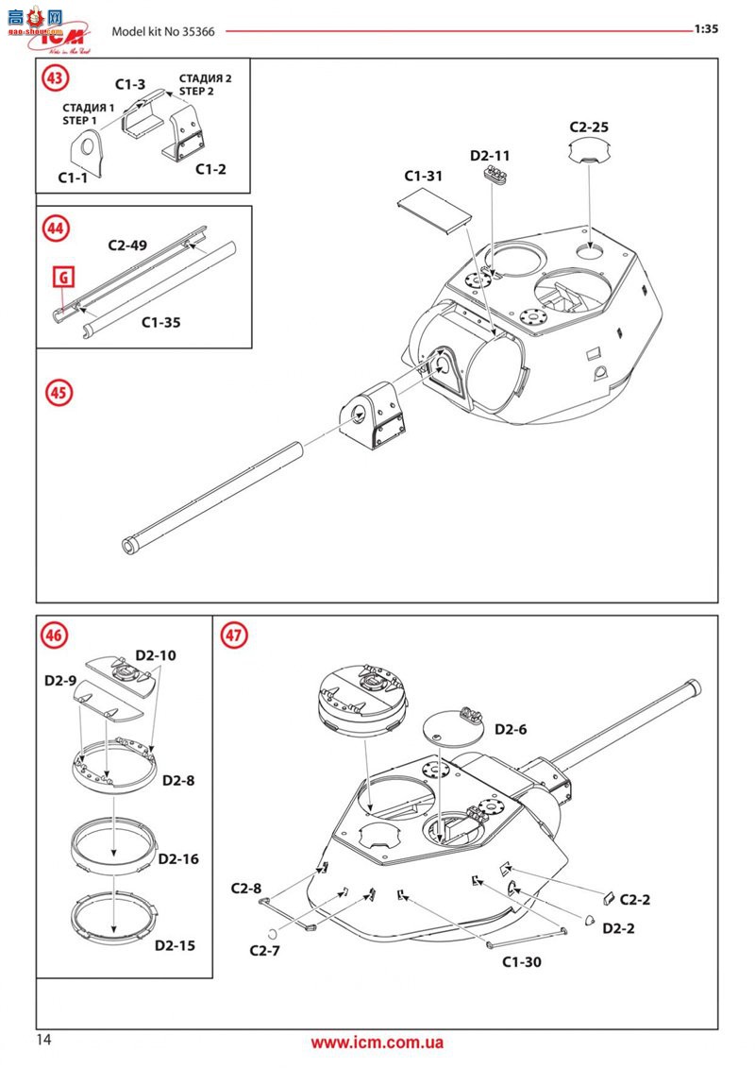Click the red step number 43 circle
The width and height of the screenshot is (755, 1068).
pos(55,77)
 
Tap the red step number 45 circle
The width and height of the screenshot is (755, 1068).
pos(59,393)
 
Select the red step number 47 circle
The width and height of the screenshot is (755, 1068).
pos(233,635)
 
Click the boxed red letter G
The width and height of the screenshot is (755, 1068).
pos(64,278)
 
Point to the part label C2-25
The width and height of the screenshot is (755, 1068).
pos(589,127)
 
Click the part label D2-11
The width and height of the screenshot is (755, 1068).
pos(490,155)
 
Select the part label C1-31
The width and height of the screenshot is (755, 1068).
pos(424,176)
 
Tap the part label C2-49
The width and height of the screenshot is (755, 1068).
pos(127,246)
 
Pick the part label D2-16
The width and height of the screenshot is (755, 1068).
pos(178,859)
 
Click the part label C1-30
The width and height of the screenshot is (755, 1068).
pos(522,961)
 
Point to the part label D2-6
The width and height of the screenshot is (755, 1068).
pos(511,729)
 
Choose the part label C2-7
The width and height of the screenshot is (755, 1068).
pos(265,950)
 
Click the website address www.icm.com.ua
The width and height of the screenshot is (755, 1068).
pos(377,1043)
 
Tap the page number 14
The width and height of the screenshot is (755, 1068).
pos(43,1040)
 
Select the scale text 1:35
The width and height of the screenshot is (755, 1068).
pos(706,28)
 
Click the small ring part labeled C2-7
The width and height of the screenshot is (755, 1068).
pos(272,932)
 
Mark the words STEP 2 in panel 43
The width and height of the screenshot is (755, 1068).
pos(196,92)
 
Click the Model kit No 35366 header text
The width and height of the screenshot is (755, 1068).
pos(163,31)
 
